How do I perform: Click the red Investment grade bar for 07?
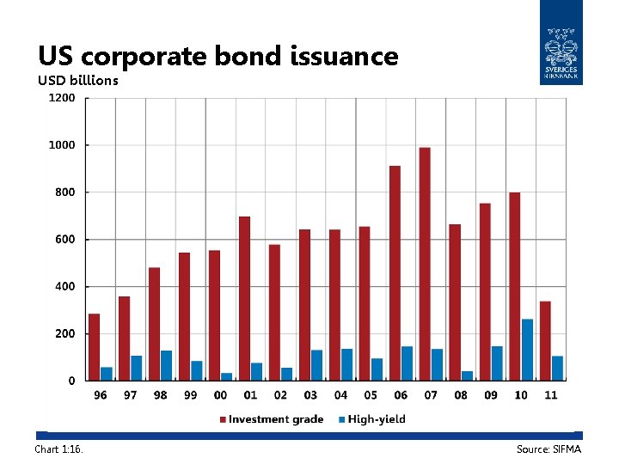[x=425, y=264]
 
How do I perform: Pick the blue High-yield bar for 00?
[x=227, y=376]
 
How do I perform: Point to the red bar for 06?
[x=395, y=273]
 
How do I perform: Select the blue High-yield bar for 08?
[x=467, y=375]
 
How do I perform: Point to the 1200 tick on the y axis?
[x=61, y=98]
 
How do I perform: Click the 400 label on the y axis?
[x=65, y=286]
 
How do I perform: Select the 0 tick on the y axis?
[x=71, y=381]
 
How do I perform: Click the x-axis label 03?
[x=310, y=395]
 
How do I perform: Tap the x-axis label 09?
[x=491, y=395]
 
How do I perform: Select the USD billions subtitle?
[x=78, y=81]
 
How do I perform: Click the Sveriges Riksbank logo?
[x=561, y=43]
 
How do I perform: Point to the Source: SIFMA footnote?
[x=549, y=449]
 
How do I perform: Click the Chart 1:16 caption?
[x=59, y=449]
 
